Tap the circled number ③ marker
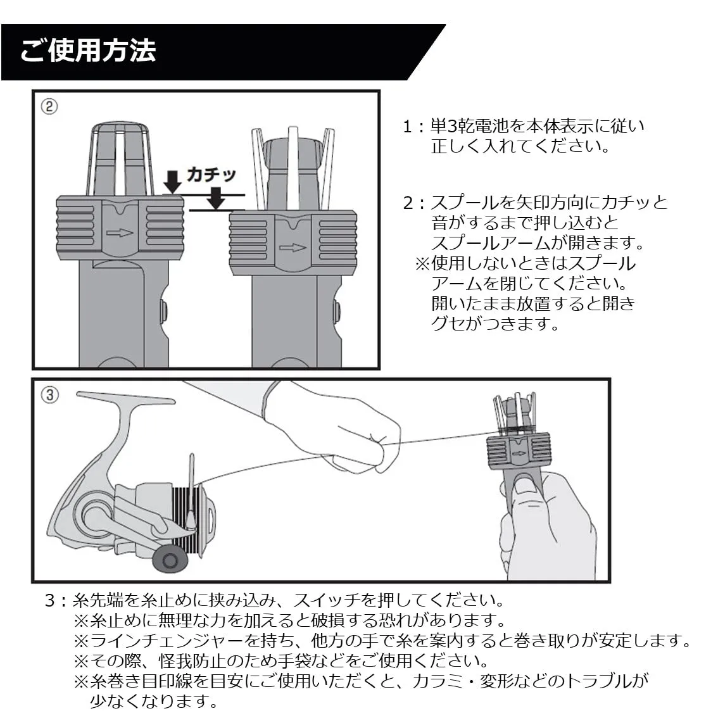pos(49,395)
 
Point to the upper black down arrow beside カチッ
pos(172,181)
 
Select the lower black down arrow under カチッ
pos(217,199)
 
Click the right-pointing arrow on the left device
pos(120,232)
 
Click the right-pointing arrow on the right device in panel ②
pos(293,248)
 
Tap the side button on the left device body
pos(163,310)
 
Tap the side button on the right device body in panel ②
pos(336,311)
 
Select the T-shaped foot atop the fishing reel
pos(127,400)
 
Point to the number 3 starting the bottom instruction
pos(50,600)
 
